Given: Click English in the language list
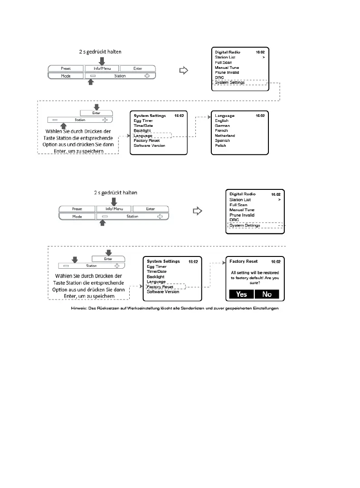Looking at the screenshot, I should click(x=222, y=121).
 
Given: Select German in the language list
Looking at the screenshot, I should click(x=222, y=126).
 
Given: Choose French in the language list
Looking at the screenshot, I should click(x=221, y=130).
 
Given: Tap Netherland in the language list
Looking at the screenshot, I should click(x=225, y=135).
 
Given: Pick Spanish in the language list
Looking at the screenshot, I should click(x=222, y=140).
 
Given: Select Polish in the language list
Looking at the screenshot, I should click(x=220, y=145).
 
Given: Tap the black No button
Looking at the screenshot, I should click(x=267, y=294).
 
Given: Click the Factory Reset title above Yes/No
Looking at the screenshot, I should click(x=243, y=261).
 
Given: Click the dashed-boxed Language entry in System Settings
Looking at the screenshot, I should click(x=143, y=135).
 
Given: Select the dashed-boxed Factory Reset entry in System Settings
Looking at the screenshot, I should click(x=160, y=287).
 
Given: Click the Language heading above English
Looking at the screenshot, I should click(x=225, y=116).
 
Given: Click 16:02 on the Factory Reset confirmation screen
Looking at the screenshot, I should click(x=276, y=262).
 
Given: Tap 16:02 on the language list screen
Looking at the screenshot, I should click(x=260, y=116).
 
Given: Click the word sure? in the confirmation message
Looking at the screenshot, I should click(x=255, y=282).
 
